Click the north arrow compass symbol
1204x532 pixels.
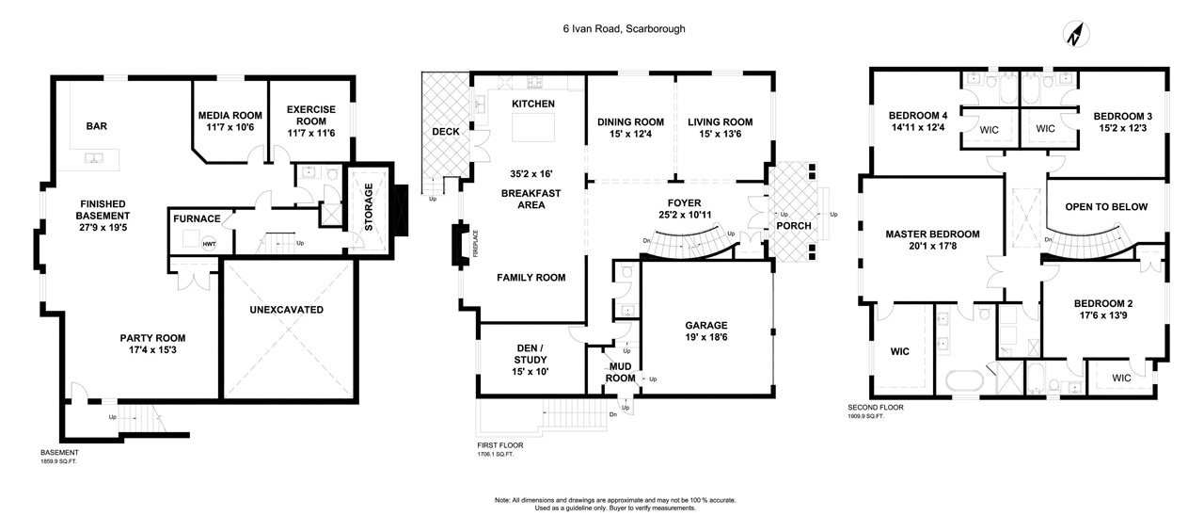(1076, 35)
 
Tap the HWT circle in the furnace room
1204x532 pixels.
(209, 244)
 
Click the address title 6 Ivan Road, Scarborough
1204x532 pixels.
(624, 28)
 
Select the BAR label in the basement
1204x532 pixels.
(97, 126)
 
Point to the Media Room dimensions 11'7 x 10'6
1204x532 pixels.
(230, 127)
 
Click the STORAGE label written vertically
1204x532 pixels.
(369, 207)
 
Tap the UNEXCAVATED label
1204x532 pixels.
(287, 310)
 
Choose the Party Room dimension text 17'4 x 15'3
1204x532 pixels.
(152, 349)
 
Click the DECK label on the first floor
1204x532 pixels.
(446, 132)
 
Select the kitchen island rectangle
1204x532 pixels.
(532, 128)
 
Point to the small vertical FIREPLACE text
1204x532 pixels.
(476, 243)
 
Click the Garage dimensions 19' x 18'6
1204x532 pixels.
(706, 337)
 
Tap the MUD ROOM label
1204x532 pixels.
(620, 372)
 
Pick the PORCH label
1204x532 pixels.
(794, 226)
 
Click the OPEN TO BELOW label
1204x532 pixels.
(1106, 206)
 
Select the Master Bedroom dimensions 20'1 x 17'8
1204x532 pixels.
(932, 246)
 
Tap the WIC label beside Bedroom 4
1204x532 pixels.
(989, 130)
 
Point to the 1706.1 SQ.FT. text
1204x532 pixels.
(496, 454)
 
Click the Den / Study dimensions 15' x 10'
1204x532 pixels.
(530, 371)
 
